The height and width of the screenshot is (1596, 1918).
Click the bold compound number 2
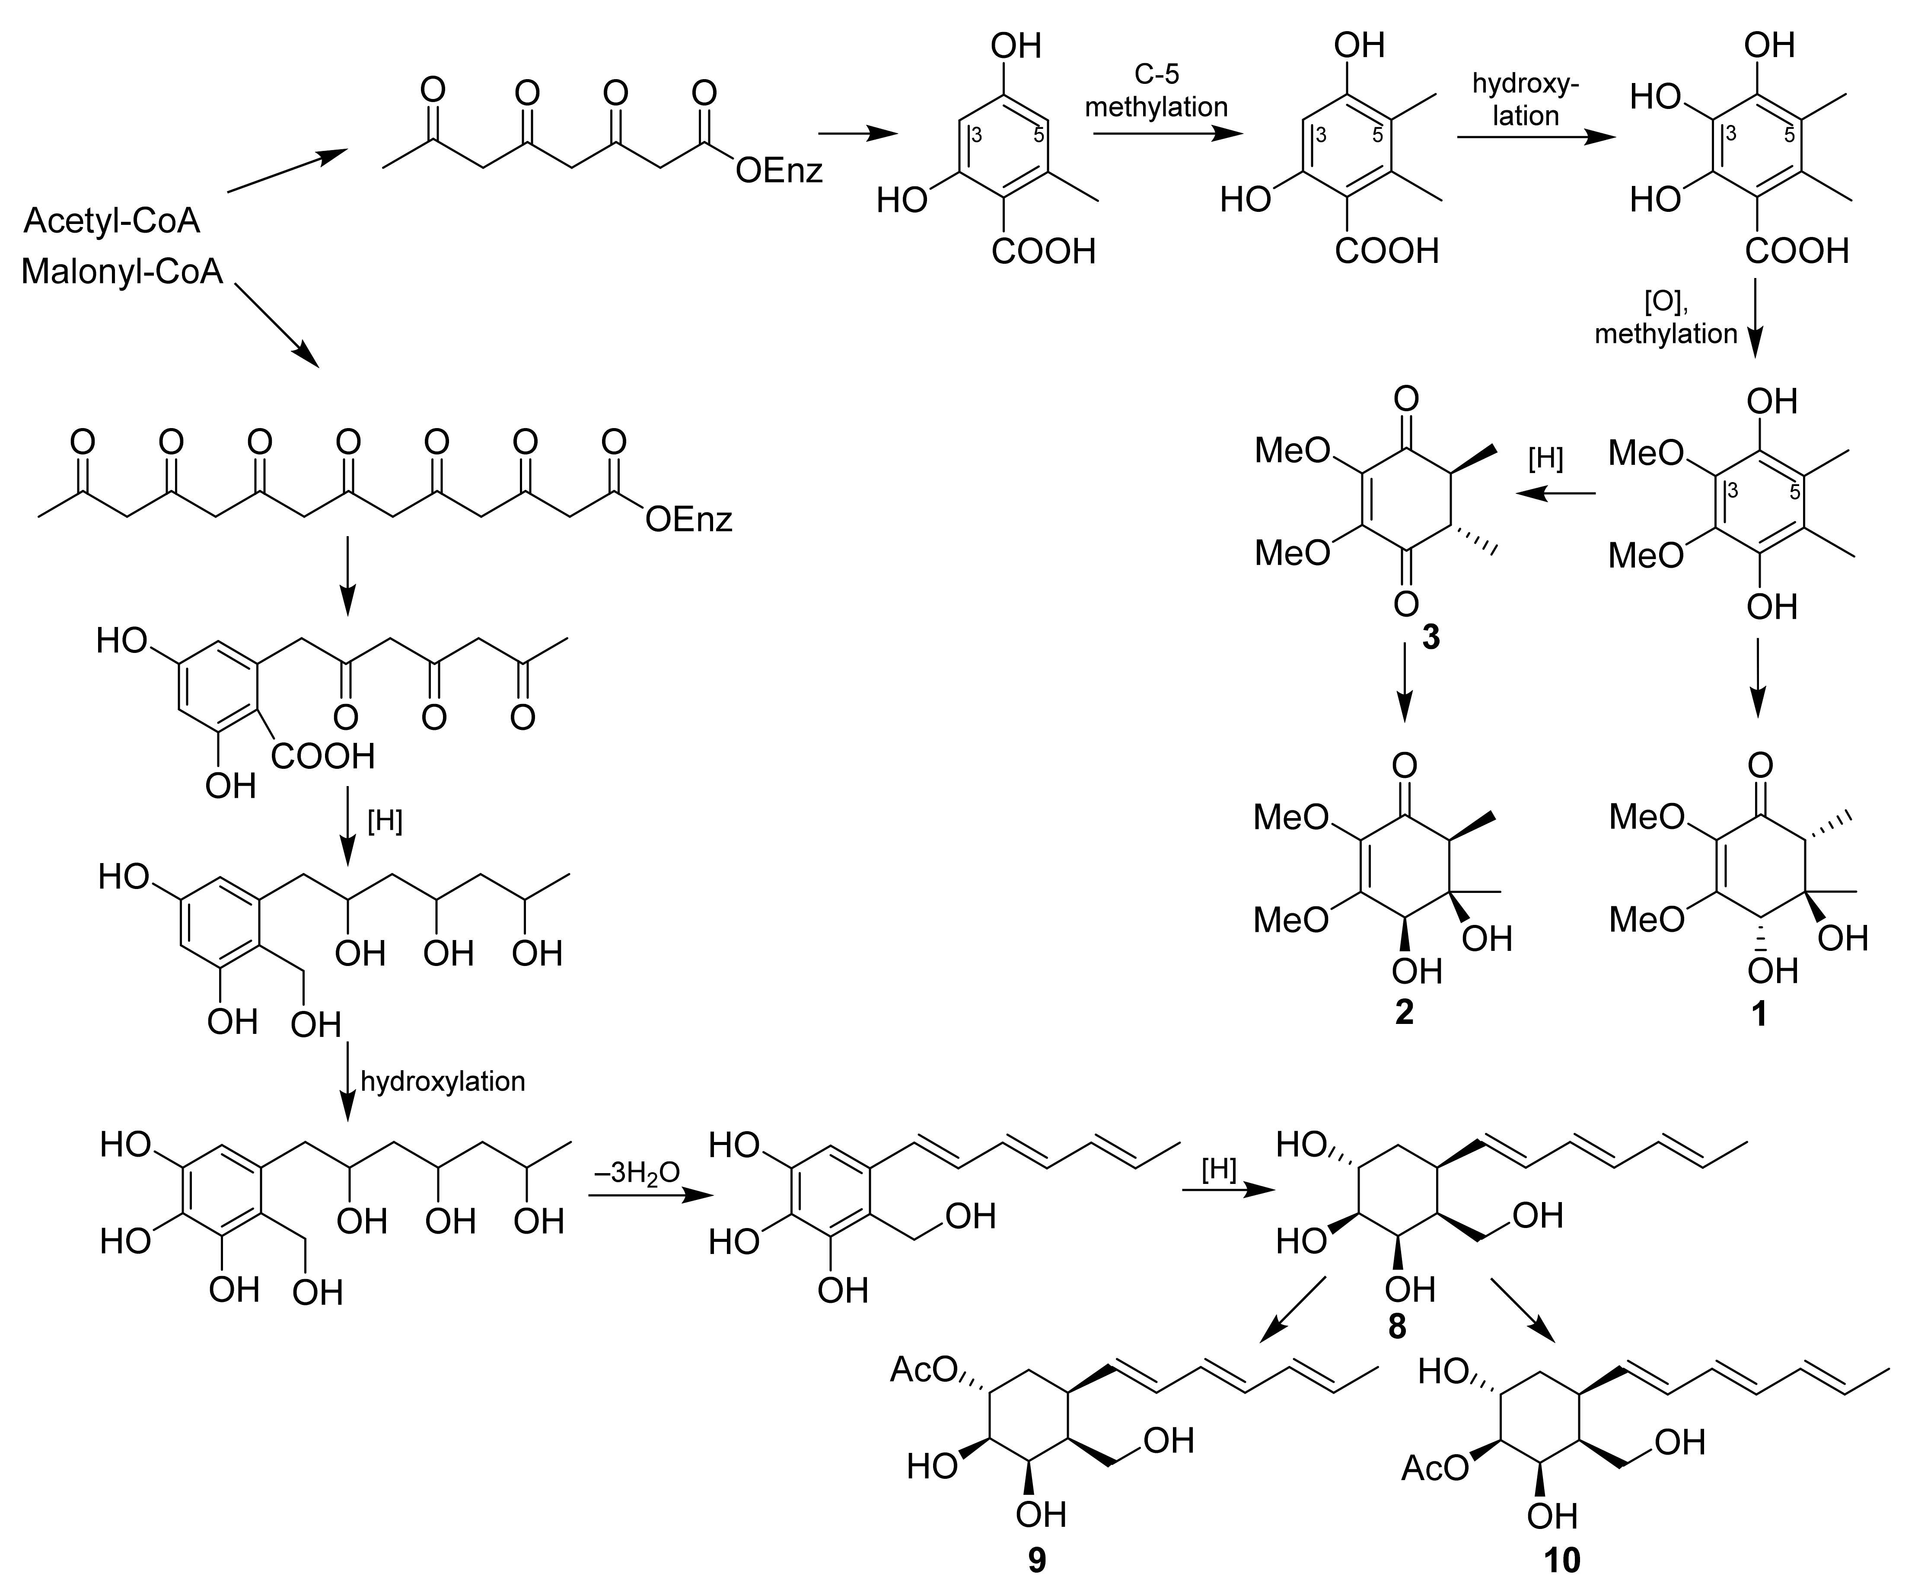[x=1405, y=1011]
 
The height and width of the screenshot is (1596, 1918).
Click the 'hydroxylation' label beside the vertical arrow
[x=443, y=1082]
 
